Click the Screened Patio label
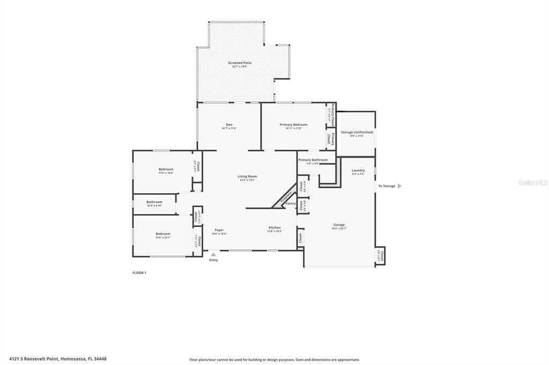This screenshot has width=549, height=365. point(239,63)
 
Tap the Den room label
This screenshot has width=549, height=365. point(229,125)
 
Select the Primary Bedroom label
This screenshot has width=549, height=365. point(293,125)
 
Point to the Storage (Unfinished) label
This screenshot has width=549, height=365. point(357,132)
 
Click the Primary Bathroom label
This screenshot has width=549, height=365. point(313,160)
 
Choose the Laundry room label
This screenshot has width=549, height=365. point(358,171)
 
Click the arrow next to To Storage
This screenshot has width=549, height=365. point(399,186)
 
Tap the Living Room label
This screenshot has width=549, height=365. point(247,177)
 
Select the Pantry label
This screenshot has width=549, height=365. point(290,203)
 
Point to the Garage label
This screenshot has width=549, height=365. point(339,225)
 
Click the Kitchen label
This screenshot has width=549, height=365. point(274,228)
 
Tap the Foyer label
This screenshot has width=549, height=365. point(219,230)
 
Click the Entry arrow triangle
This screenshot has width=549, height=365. point(213,255)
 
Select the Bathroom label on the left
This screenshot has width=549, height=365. point(154,202)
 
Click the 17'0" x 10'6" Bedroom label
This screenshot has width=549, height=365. point(166,170)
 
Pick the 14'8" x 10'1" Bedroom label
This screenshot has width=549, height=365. point(163,234)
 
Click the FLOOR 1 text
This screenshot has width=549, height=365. point(139,273)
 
